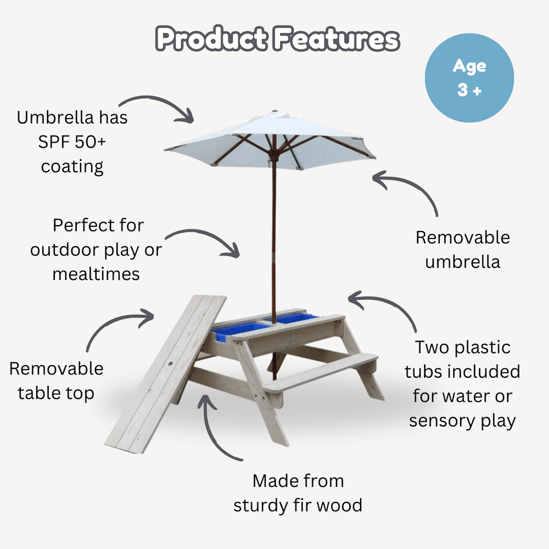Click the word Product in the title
tap(212, 38)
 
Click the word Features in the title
tap(337, 38)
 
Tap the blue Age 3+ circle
tap(469, 78)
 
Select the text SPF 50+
tap(72, 142)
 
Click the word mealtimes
tap(96, 274)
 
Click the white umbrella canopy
tap(270, 140)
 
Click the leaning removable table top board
tap(166, 374)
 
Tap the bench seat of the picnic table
tap(321, 374)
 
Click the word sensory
tap(442, 421)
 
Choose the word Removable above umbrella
tap(462, 237)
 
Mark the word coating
tap(72, 167)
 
